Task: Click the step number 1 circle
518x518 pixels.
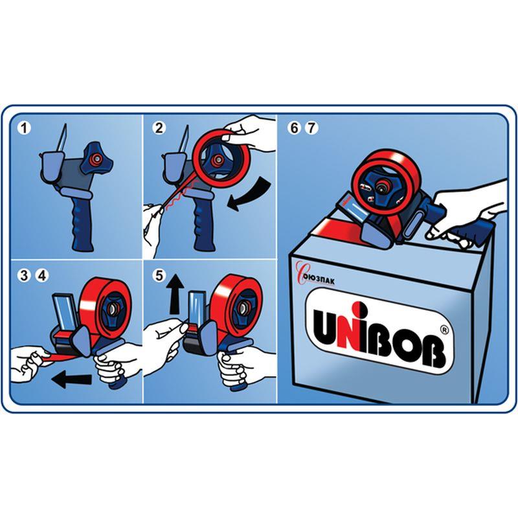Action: click(x=24, y=128)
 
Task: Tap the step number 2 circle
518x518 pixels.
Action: click(x=159, y=128)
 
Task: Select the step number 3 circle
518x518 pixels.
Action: click(x=25, y=275)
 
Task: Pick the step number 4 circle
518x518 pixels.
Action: click(x=42, y=275)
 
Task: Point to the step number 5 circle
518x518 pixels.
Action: click(x=159, y=275)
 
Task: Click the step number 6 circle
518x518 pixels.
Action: click(x=294, y=128)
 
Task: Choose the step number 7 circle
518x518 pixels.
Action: click(x=311, y=128)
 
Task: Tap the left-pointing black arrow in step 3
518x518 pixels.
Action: click(x=72, y=379)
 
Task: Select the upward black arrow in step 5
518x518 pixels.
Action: click(x=175, y=295)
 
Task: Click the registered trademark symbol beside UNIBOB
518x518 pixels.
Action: click(x=445, y=330)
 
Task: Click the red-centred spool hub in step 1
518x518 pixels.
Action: click(x=97, y=159)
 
